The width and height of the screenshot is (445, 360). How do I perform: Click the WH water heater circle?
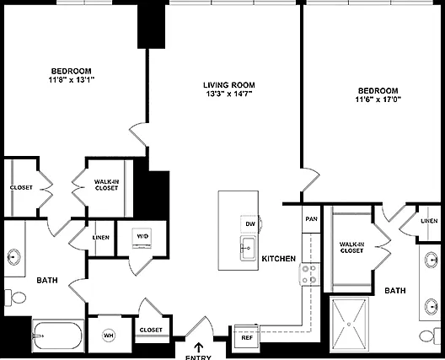[109, 336]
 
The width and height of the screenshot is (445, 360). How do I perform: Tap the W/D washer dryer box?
[142, 238]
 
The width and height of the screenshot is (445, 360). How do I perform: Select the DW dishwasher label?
[250, 224]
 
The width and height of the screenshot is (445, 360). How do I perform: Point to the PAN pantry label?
[311, 219]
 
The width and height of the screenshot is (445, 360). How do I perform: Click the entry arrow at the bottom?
[199, 347]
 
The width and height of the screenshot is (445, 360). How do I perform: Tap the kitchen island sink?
[248, 249]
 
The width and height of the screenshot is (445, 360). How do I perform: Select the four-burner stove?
[309, 274]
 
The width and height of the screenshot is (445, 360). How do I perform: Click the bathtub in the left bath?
[58, 336]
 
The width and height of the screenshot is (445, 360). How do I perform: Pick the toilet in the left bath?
[16, 298]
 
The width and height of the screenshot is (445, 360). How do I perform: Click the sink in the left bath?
[13, 257]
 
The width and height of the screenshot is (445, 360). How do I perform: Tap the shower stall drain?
[349, 325]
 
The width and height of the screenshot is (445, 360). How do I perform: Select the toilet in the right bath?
[429, 336]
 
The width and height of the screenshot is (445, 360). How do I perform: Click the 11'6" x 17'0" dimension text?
[378, 99]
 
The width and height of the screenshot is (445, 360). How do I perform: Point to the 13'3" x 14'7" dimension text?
[229, 94]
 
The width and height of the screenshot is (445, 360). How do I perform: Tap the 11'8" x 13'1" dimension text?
[72, 80]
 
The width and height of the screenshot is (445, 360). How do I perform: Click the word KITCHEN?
[279, 258]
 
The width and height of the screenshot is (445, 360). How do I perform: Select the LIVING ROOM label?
[229, 85]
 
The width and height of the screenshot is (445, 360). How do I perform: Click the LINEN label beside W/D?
[101, 238]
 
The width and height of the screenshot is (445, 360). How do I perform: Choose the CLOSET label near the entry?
[151, 330]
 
